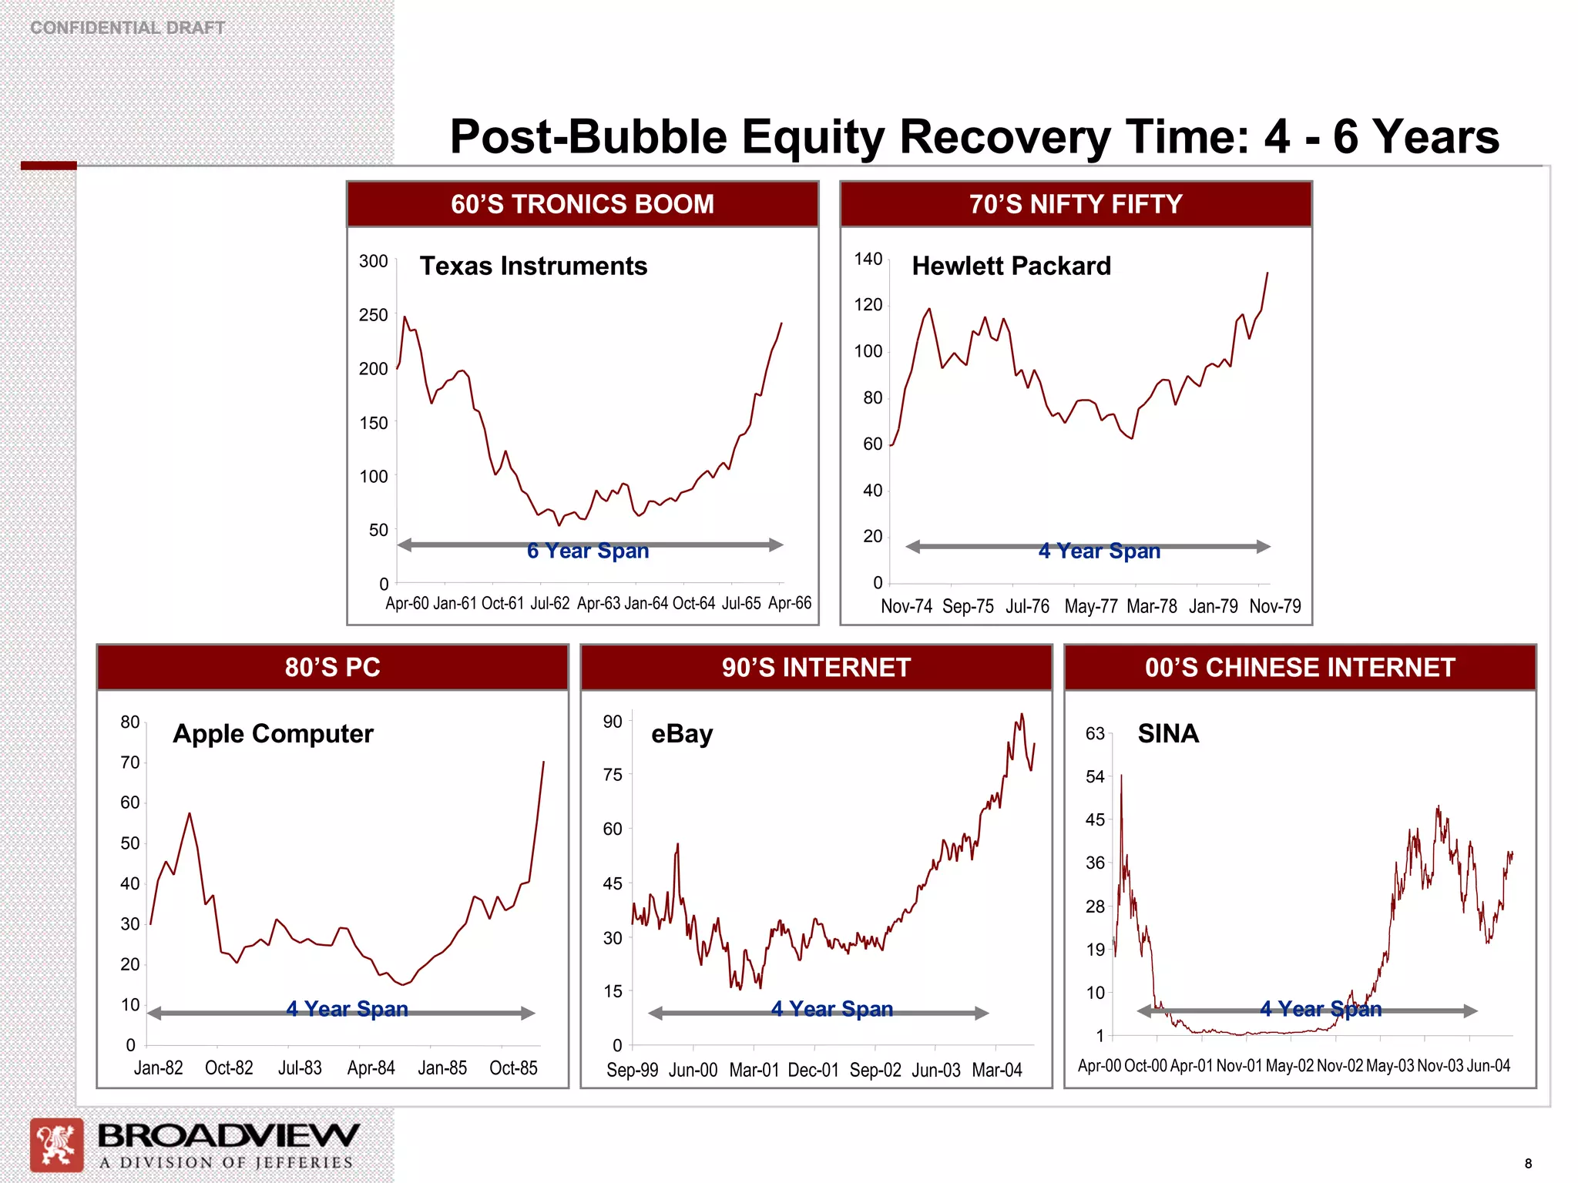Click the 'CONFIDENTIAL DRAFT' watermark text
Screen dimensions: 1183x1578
(x=127, y=28)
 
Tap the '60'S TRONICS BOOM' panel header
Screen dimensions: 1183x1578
(x=583, y=204)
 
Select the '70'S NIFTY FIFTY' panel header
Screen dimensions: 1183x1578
(x=1076, y=204)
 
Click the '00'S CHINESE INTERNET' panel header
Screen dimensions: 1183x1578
(x=1300, y=667)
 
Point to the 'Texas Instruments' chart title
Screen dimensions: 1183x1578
(x=533, y=266)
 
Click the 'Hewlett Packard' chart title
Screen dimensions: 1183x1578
(x=1011, y=266)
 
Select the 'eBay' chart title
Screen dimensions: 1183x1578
(x=682, y=733)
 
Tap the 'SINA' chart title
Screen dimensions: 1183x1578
(x=1168, y=733)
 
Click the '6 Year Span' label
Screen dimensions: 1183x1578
(x=588, y=551)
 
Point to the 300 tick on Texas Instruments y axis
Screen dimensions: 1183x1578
(x=374, y=261)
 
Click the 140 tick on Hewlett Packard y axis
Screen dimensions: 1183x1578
(x=868, y=259)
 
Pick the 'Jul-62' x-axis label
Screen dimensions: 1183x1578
(x=550, y=603)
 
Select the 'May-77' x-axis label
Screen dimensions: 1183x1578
(x=1090, y=606)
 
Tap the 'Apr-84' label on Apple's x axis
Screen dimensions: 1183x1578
(x=371, y=1068)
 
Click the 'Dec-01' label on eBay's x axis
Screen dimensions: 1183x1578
(x=813, y=1070)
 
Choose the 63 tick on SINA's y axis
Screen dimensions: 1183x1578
(x=1095, y=733)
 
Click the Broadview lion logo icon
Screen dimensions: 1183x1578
(x=56, y=1144)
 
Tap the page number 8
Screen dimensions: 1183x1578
(x=1528, y=1164)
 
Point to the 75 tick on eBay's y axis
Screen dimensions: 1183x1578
(x=613, y=775)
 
